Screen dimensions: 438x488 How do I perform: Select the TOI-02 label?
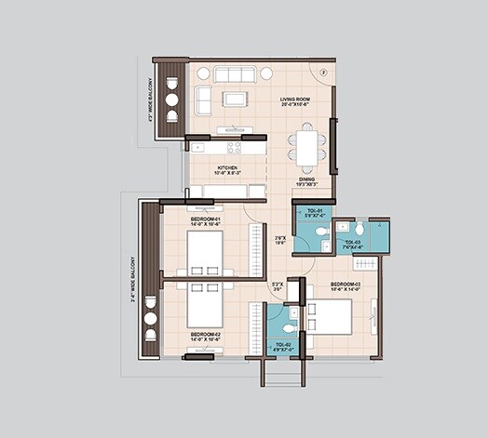[x=284, y=346]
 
